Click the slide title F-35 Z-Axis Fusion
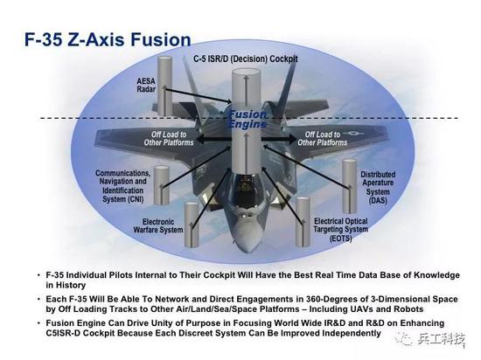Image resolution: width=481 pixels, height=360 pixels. click(108, 40)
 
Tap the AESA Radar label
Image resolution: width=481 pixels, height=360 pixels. click(146, 85)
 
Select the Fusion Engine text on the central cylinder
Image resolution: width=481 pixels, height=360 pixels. click(247, 119)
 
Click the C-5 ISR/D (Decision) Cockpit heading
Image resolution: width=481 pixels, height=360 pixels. click(246, 59)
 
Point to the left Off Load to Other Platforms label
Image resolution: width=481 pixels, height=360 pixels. click(169, 138)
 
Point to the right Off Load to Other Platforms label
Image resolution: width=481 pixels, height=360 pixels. click(323, 138)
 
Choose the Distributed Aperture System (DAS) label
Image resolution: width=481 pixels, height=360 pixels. click(378, 187)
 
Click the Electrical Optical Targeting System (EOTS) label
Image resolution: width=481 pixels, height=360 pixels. click(340, 230)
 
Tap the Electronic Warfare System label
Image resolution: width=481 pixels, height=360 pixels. click(158, 225)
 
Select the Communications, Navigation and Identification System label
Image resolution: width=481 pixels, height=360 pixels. click(122, 186)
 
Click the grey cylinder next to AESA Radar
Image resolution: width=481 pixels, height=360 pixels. click(164, 86)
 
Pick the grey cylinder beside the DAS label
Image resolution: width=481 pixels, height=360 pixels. click(350, 185)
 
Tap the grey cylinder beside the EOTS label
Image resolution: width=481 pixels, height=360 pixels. click(303, 222)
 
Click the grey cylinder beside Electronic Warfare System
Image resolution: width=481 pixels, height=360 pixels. click(192, 225)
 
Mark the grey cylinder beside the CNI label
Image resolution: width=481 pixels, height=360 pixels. click(162, 185)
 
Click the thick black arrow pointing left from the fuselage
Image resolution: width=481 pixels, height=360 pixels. click(213, 140)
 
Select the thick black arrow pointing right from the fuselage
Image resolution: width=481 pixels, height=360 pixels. click(279, 140)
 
